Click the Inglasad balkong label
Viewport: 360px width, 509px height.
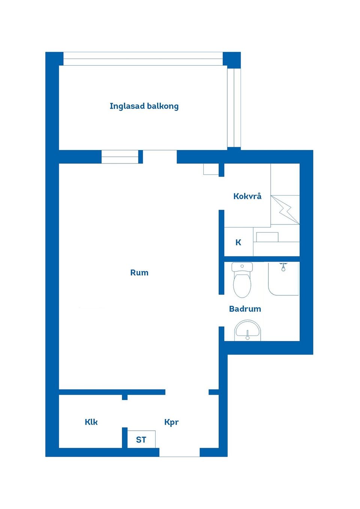pyautogui.click(x=144, y=106)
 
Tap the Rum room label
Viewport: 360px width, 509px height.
pyautogui.click(x=139, y=272)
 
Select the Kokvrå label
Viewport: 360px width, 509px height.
pyautogui.click(x=247, y=196)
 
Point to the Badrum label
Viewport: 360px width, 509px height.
pyautogui.click(x=245, y=309)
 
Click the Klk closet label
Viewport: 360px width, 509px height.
pyautogui.click(x=91, y=422)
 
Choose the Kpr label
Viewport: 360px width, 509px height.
pyautogui.click(x=171, y=422)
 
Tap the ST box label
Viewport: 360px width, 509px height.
pyautogui.click(x=141, y=440)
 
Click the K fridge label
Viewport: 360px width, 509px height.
pyautogui.click(x=238, y=243)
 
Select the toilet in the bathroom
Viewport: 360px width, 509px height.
pyautogui.click(x=242, y=281)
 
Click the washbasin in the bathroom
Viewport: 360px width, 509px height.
pyautogui.click(x=247, y=331)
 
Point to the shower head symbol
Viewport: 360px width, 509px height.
pyautogui.click(x=283, y=267)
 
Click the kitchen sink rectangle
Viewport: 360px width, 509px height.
pyautogui.click(x=267, y=237)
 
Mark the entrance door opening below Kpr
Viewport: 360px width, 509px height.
pyautogui.click(x=179, y=452)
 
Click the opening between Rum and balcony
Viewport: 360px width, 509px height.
pyautogui.click(x=159, y=157)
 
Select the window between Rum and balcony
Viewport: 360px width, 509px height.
pyautogui.click(x=120, y=157)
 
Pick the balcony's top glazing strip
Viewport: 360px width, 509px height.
pyautogui.click(x=143, y=59)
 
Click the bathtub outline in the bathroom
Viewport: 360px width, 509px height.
pyautogui.click(x=283, y=279)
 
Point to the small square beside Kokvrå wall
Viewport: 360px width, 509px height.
pyautogui.click(x=211, y=169)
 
